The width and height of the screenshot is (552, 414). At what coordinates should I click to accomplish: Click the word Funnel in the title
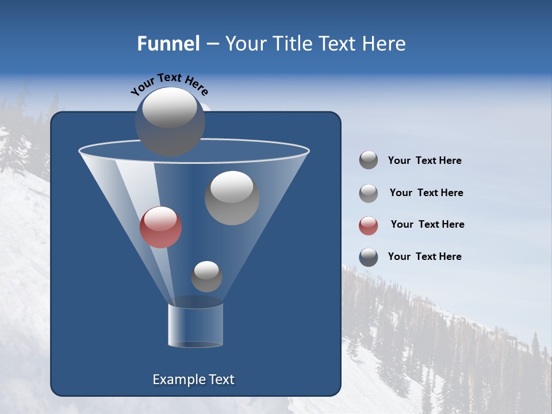168,44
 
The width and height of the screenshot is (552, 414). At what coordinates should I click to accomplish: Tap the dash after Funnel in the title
212,44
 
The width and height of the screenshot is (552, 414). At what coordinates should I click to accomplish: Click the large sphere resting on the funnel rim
170,122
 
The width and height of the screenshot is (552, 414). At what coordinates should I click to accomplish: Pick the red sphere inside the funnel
161,227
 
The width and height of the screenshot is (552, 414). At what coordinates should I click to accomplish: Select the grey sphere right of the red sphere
232,198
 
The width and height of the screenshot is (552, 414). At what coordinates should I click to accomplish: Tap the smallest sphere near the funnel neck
206,276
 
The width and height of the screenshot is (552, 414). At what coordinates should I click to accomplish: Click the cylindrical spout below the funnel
195,325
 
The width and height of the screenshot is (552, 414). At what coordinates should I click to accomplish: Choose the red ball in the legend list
369,225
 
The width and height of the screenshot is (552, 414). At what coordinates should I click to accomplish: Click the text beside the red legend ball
427,224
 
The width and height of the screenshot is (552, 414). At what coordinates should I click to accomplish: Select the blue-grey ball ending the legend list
369,257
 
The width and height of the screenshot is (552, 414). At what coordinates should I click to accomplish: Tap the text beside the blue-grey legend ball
424,256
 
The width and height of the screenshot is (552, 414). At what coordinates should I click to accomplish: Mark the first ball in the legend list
369,160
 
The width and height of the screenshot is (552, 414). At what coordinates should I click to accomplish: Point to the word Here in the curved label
197,87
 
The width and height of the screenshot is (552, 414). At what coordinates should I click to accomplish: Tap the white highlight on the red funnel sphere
161,218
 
